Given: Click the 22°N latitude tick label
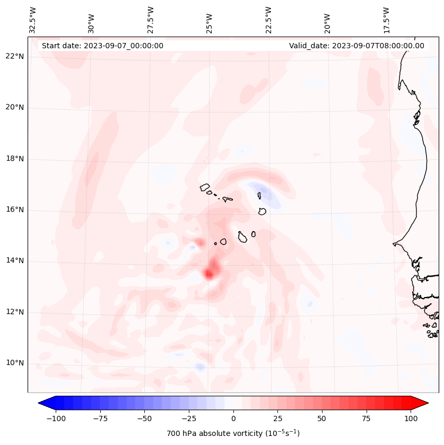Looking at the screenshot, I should (x=14, y=56).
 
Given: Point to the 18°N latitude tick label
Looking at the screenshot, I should (x=14, y=159).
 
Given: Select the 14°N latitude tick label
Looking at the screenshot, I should (x=14, y=260).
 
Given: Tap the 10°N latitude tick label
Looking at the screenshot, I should (x=14, y=363).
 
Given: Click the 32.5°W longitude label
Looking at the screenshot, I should (x=33, y=20).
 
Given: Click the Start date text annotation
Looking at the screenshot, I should (x=102, y=46).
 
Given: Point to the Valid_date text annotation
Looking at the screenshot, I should (x=356, y=46).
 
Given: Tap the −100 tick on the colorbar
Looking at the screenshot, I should (x=56, y=418).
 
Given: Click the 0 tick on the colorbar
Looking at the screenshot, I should (x=233, y=418).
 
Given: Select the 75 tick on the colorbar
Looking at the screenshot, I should (x=366, y=418).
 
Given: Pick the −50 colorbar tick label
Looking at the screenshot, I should (x=144, y=418).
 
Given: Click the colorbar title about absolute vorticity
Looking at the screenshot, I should (x=233, y=433).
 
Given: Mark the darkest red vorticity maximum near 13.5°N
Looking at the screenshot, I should (x=209, y=274).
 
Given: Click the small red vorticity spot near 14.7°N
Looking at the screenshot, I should (x=199, y=242).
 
